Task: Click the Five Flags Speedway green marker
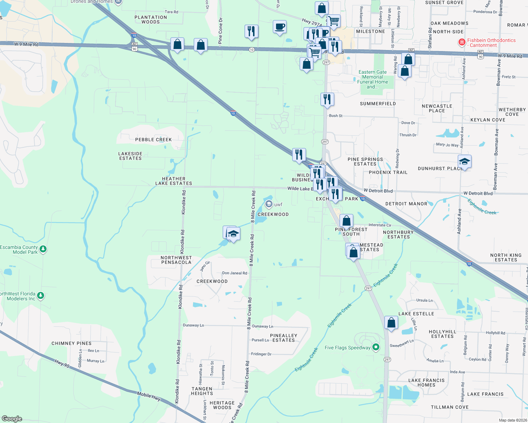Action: [x=376, y=347]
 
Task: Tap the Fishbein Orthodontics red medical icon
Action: [x=462, y=43]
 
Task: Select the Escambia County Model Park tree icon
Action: [x=43, y=249]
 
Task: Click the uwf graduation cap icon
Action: [x=269, y=204]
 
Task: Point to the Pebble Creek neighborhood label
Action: [x=154, y=140]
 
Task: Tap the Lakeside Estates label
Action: [x=130, y=156]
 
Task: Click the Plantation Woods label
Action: [x=151, y=19]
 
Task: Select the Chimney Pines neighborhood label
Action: [x=72, y=343]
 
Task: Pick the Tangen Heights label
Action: [x=202, y=391]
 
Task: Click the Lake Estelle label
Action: [x=416, y=314]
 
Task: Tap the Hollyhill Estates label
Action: [x=442, y=334]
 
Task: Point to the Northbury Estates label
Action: [x=398, y=234]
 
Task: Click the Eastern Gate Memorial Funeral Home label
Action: [x=373, y=79]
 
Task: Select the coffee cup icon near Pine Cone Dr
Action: [x=280, y=27]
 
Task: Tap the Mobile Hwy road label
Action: [x=149, y=397]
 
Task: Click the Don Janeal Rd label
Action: [x=235, y=273]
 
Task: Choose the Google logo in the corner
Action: [x=12, y=418]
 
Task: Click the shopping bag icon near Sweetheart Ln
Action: [x=391, y=323]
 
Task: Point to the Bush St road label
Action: [x=336, y=116]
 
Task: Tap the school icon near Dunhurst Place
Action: [x=464, y=162]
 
